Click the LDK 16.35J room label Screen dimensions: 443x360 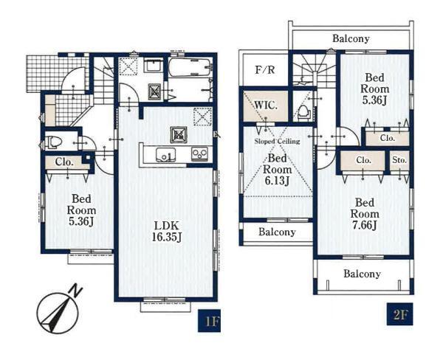[167, 232]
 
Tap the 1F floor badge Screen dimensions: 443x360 [209, 321]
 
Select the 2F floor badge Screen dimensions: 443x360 [399, 314]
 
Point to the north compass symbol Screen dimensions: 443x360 [58, 312]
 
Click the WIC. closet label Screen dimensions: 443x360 [266, 105]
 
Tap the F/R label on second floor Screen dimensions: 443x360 [265, 69]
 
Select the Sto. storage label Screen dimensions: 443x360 [399, 160]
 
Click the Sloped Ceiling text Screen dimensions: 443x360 [277, 141]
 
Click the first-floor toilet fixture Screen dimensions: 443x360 [53, 142]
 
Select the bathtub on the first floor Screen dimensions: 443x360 [190, 67]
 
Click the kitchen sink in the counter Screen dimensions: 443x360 [165, 155]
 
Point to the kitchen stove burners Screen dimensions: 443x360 [199, 154]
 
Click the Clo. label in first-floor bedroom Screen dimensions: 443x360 [64, 162]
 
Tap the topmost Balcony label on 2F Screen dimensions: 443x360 [351, 38]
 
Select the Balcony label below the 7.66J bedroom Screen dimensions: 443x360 [362, 274]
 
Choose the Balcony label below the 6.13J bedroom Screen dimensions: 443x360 [277, 232]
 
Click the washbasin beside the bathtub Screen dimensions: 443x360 [153, 66]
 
